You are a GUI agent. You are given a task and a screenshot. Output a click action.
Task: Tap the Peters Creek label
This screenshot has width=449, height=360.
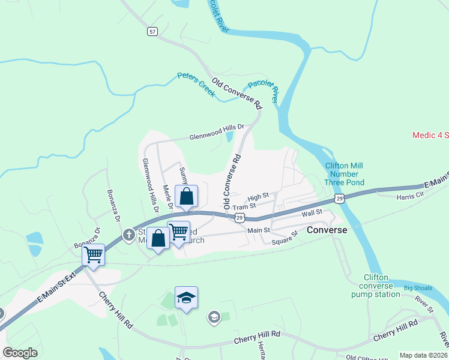tap(196, 84)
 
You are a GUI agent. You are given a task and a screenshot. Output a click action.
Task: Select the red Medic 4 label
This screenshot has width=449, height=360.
tap(430, 135)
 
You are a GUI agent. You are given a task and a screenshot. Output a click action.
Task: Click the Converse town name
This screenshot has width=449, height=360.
tap(327, 230)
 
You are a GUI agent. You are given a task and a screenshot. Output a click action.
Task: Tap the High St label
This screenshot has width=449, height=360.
tap(258, 197)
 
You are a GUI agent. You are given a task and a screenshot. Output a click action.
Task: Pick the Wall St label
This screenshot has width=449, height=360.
tap(312, 212)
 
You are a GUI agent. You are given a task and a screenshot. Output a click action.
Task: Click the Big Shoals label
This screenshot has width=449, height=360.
tap(418, 289)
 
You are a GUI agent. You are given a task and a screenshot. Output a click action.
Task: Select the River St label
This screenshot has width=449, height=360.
tap(424, 305)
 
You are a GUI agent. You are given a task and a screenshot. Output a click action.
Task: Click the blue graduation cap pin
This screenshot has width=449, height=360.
tap(186, 297)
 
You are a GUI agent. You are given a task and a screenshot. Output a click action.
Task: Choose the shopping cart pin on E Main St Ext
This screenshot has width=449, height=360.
tap(93, 254)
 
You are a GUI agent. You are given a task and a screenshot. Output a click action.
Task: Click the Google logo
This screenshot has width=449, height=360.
tap(20, 352)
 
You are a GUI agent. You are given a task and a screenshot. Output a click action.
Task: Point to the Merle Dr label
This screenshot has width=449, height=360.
tap(168, 197)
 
